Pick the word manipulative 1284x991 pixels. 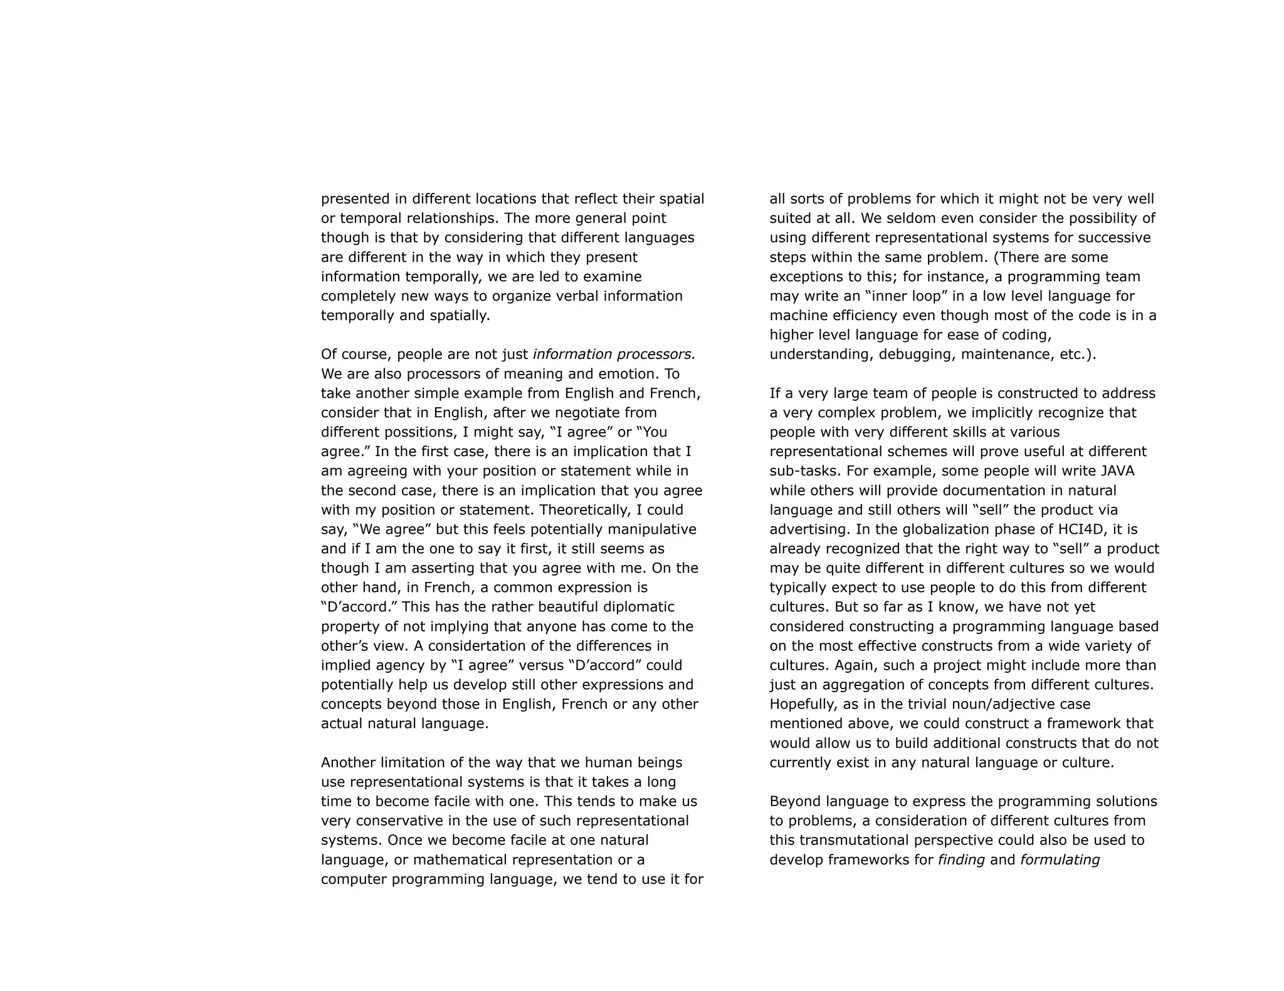click(651, 529)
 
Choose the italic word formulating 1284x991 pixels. click(1060, 859)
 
